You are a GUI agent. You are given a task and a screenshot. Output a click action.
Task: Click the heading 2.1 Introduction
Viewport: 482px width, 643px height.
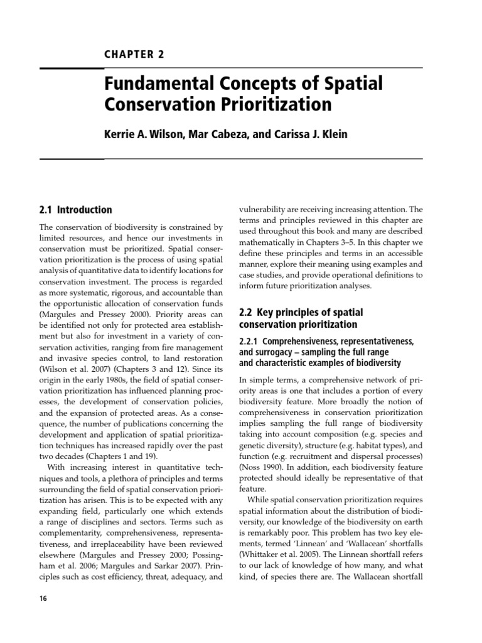[x=75, y=210]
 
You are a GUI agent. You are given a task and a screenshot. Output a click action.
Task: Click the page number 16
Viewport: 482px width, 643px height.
[x=43, y=599]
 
